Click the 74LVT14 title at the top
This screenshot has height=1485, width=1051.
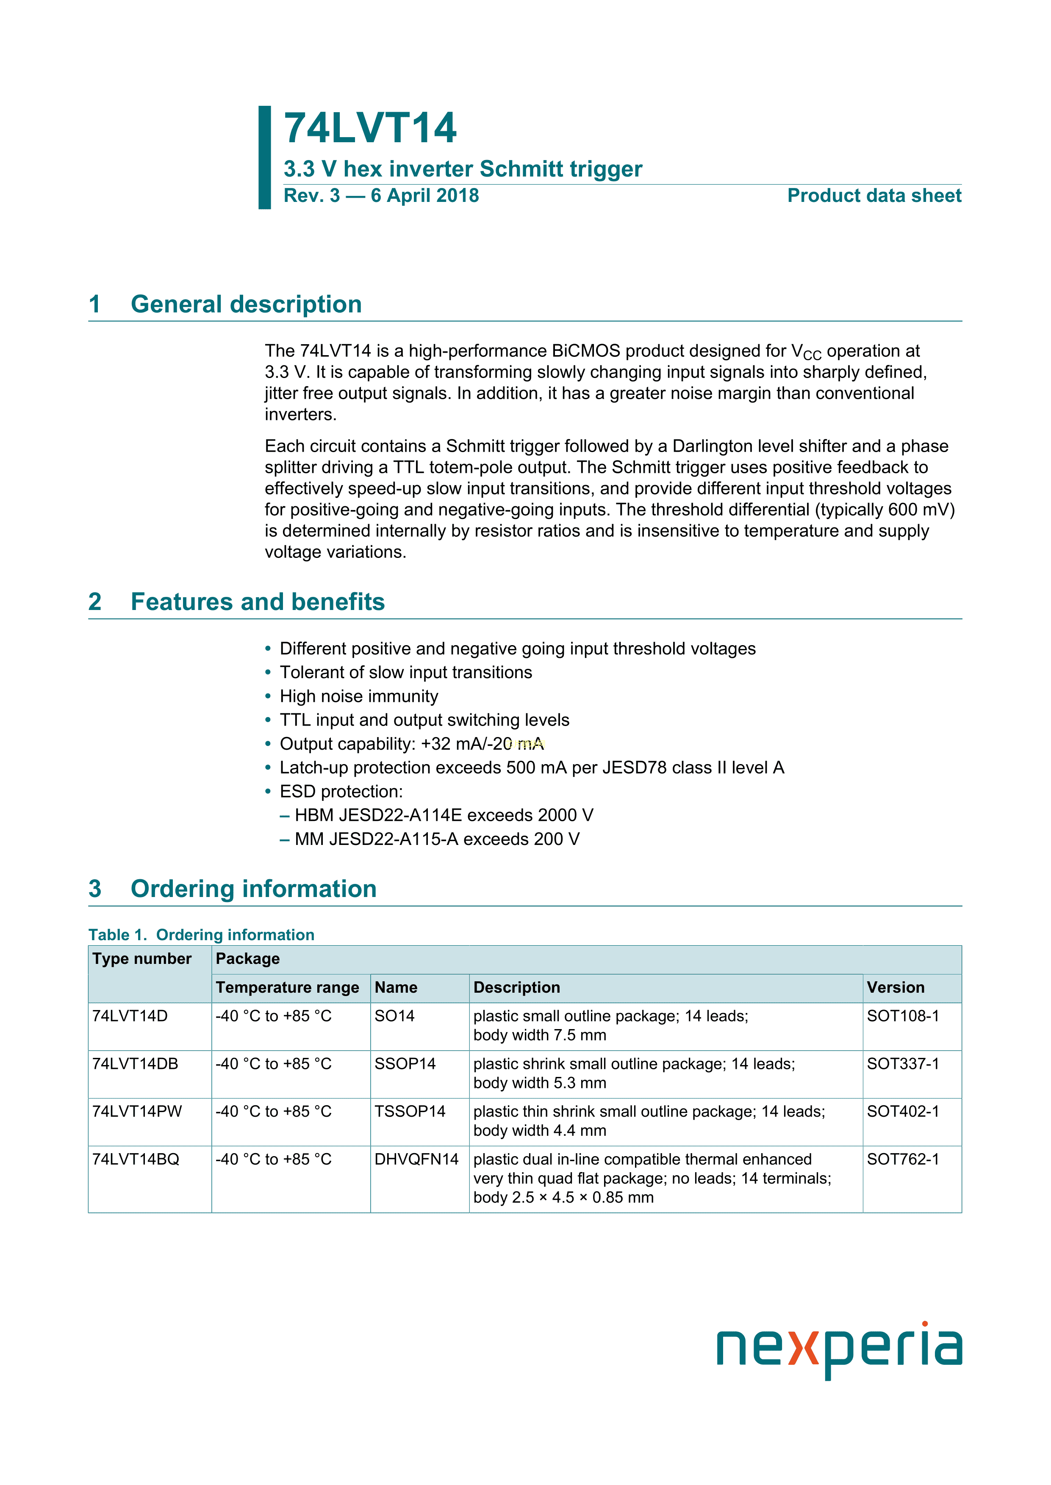pos(370,128)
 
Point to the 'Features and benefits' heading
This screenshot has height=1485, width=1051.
pos(258,602)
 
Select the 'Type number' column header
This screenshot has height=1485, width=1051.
pos(142,959)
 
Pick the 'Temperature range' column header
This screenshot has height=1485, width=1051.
pos(287,988)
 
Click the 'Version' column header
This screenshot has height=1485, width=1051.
pos(896,988)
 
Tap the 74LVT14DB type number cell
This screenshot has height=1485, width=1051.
pos(135,1064)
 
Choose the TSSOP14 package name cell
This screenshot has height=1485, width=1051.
pos(410,1112)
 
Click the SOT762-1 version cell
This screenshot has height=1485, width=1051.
pos(903,1159)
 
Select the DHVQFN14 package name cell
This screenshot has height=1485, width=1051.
pos(416,1159)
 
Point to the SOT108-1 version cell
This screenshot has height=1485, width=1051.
pos(903,1016)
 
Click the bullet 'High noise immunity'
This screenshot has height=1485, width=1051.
pos(358,697)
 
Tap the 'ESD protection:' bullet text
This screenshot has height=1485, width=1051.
pos(341,792)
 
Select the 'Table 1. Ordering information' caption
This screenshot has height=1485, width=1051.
pos(201,935)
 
